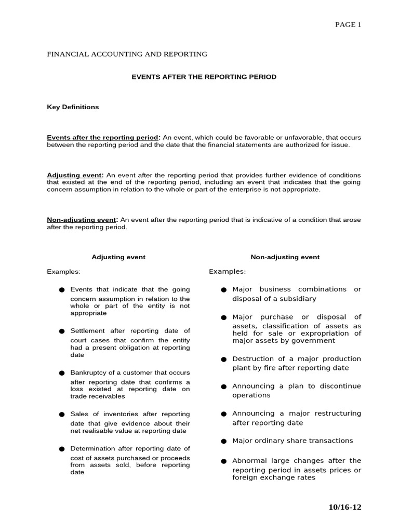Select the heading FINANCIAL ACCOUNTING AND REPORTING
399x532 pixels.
(x=127, y=54)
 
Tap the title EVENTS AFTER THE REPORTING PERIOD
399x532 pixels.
(x=203, y=77)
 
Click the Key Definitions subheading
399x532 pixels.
(x=73, y=107)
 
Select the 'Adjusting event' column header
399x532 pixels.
(x=118, y=257)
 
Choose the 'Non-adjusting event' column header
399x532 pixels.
(x=285, y=257)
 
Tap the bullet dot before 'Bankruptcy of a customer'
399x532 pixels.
(x=61, y=373)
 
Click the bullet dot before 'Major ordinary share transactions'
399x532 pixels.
(x=223, y=441)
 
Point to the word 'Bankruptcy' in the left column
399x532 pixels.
(x=87, y=373)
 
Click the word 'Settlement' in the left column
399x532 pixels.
(x=88, y=331)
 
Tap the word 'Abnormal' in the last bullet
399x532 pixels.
(x=249, y=461)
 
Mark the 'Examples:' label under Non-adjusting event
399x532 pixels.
(x=228, y=272)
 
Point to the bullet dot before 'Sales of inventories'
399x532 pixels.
(x=61, y=415)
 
